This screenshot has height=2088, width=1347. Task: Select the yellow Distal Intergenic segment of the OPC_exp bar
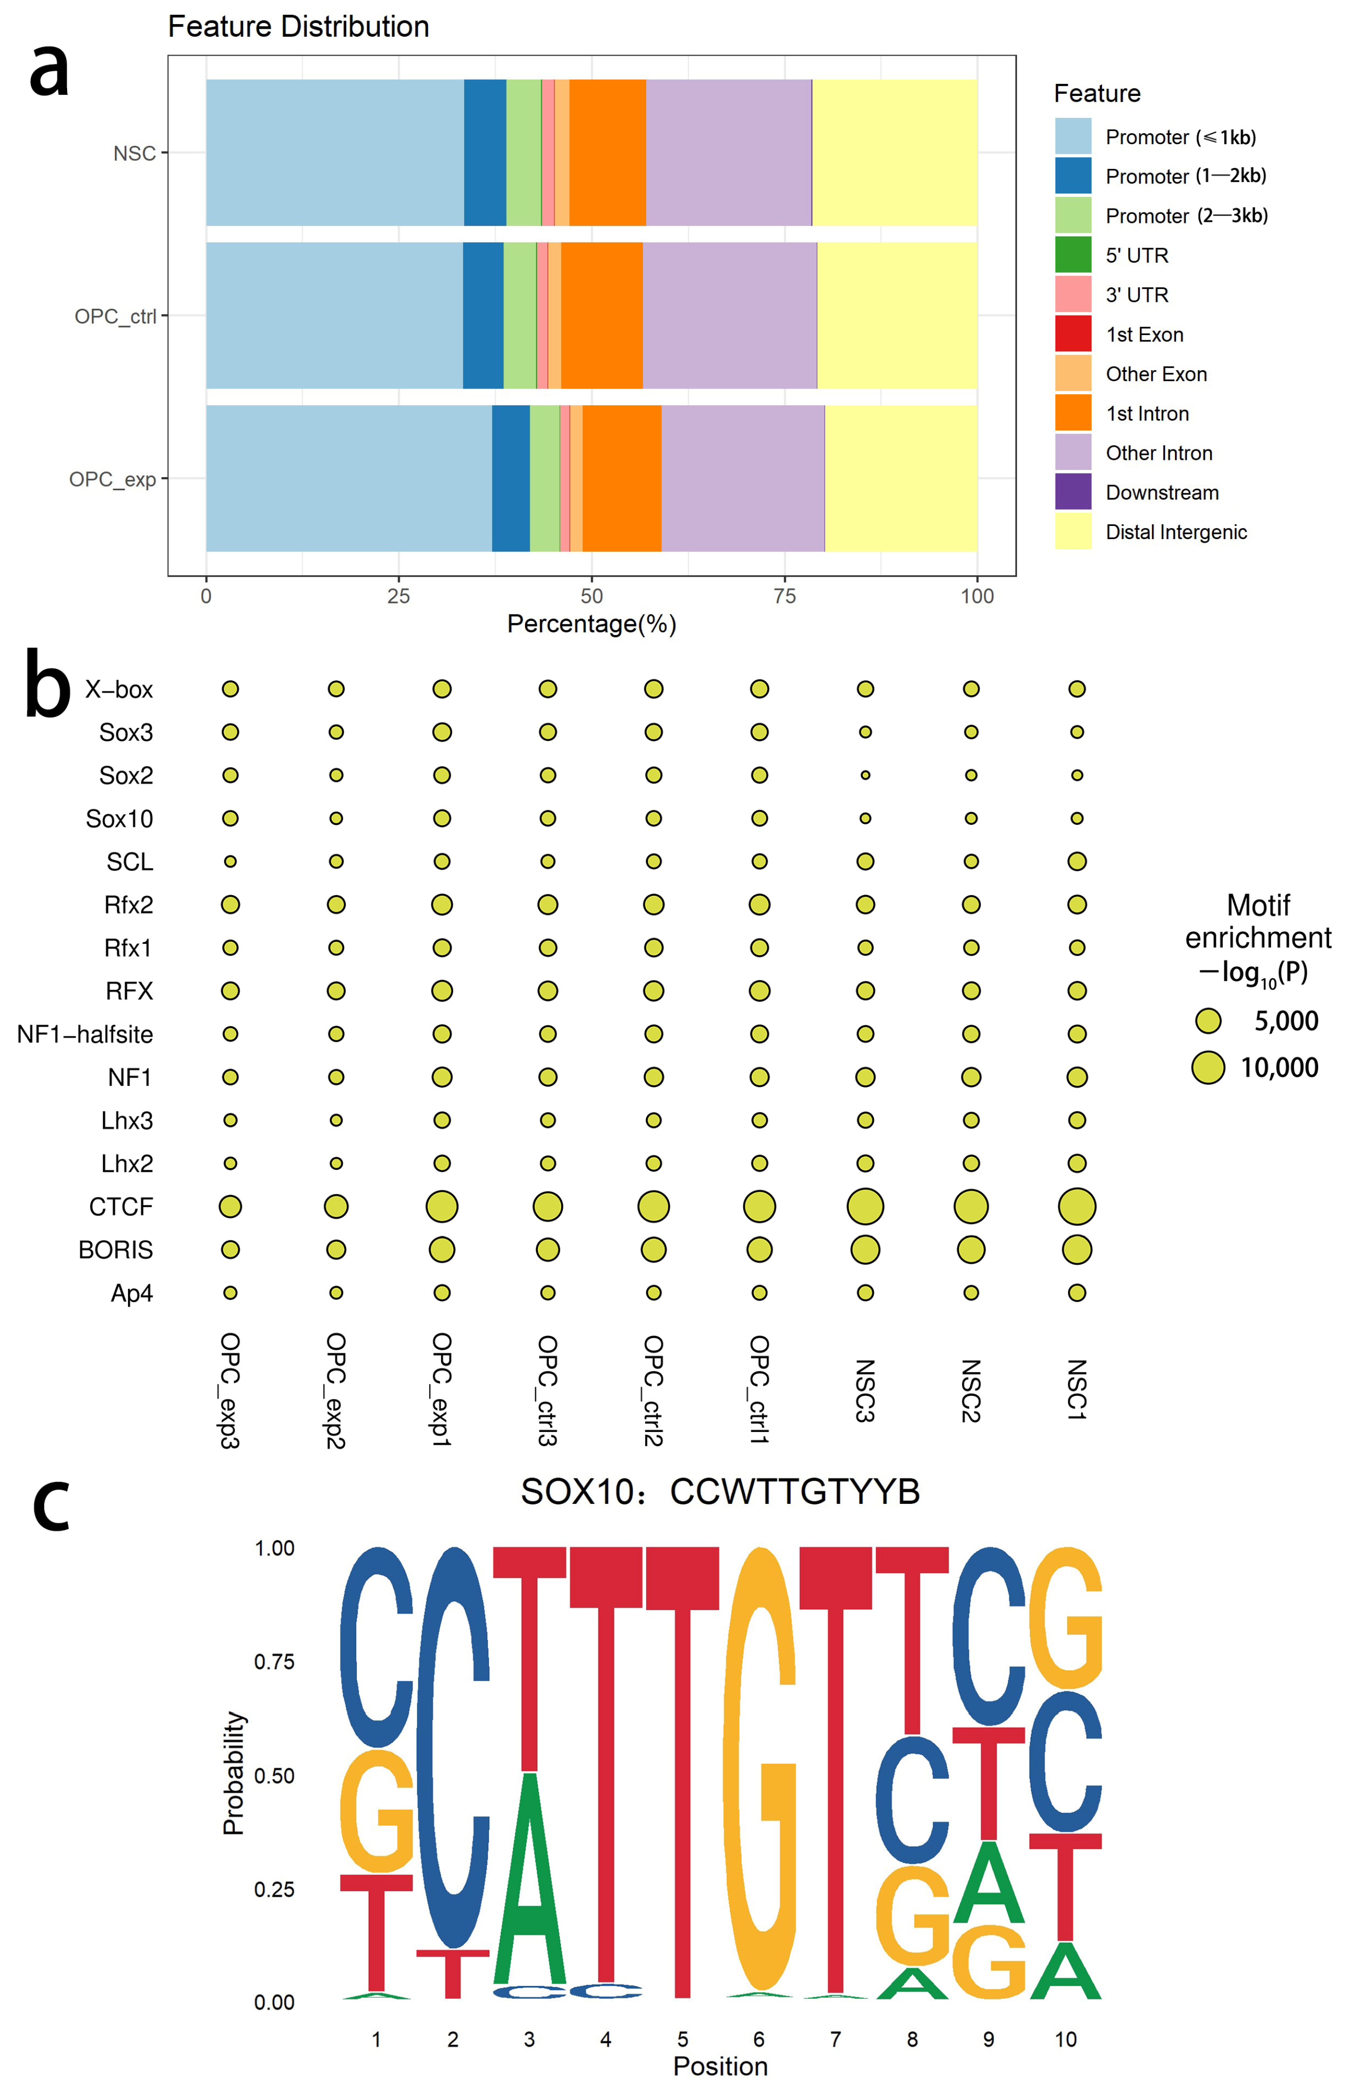tap(901, 478)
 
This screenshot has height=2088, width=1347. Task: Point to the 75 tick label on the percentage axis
tap(785, 596)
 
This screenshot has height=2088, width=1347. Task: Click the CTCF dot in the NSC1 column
tap(1077, 1207)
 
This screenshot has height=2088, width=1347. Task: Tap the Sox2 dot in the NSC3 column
tap(865, 774)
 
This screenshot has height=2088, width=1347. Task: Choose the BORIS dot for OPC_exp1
tap(442, 1250)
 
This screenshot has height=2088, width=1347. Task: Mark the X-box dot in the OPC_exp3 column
tap(230, 689)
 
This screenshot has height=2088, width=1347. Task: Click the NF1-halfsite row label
tap(85, 1035)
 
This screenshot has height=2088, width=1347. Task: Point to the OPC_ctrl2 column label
tap(654, 1390)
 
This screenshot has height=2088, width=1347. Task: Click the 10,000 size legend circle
tap(1208, 1068)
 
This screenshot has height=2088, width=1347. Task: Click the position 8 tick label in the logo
tap(912, 2040)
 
